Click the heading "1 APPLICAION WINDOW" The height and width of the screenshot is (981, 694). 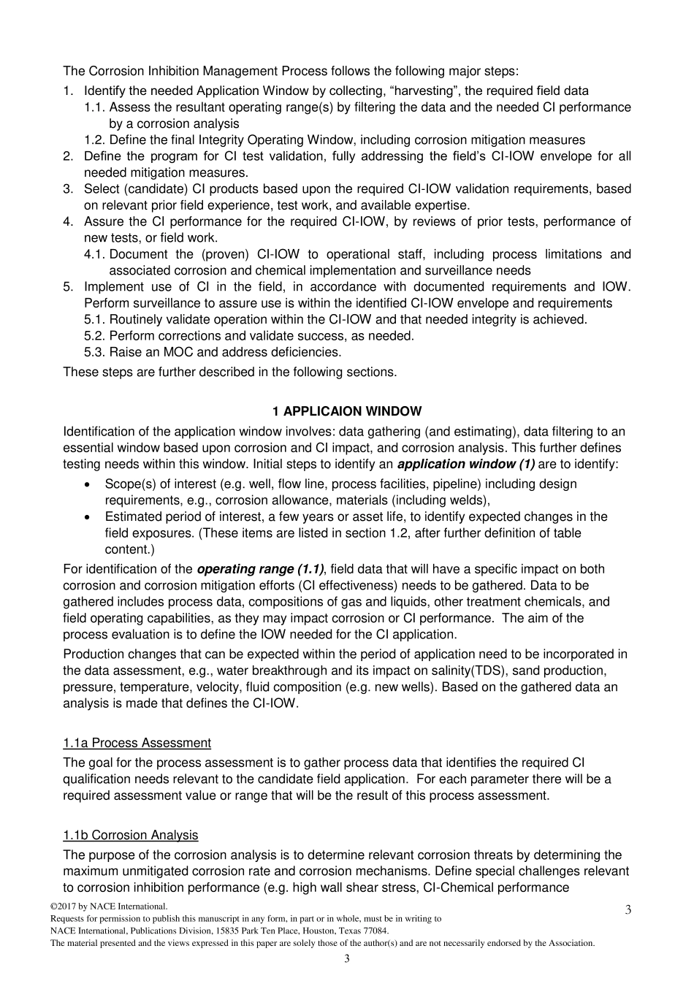click(346, 411)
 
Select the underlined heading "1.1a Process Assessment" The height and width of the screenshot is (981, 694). click(137, 743)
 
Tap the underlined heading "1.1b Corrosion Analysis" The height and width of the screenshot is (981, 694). click(130, 835)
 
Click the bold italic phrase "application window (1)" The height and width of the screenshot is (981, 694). click(466, 464)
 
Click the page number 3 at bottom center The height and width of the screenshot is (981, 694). click(346, 958)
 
